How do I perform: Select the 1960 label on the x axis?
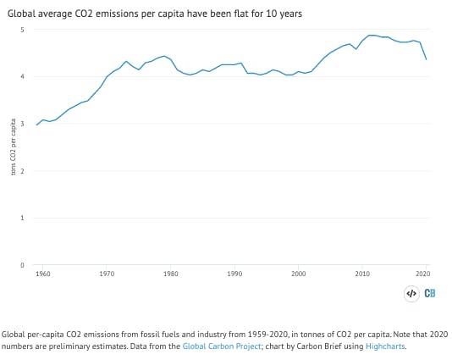click(43, 274)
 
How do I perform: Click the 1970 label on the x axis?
click(107, 274)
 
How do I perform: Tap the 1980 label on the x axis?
click(171, 274)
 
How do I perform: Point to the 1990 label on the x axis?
click(234, 274)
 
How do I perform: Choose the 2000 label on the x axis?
click(298, 274)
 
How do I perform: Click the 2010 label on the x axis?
click(362, 274)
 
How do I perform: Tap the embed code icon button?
click(411, 293)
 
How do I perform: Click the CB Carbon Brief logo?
click(432, 293)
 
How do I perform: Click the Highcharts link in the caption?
click(388, 346)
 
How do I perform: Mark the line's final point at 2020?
click(426, 59)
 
